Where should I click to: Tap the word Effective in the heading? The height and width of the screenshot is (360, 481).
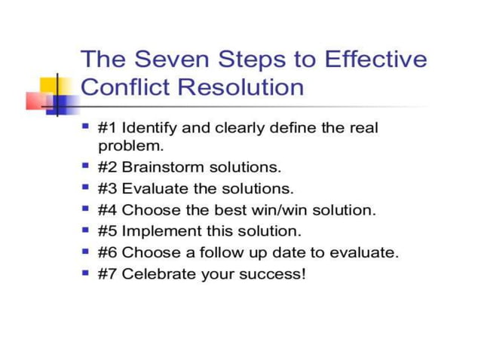(x=375, y=59)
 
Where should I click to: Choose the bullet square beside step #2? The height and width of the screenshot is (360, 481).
(x=85, y=164)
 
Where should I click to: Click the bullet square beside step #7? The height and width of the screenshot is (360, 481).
(x=85, y=272)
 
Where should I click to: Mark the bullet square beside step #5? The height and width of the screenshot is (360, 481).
(x=85, y=229)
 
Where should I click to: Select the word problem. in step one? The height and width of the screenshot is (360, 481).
(x=130, y=145)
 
